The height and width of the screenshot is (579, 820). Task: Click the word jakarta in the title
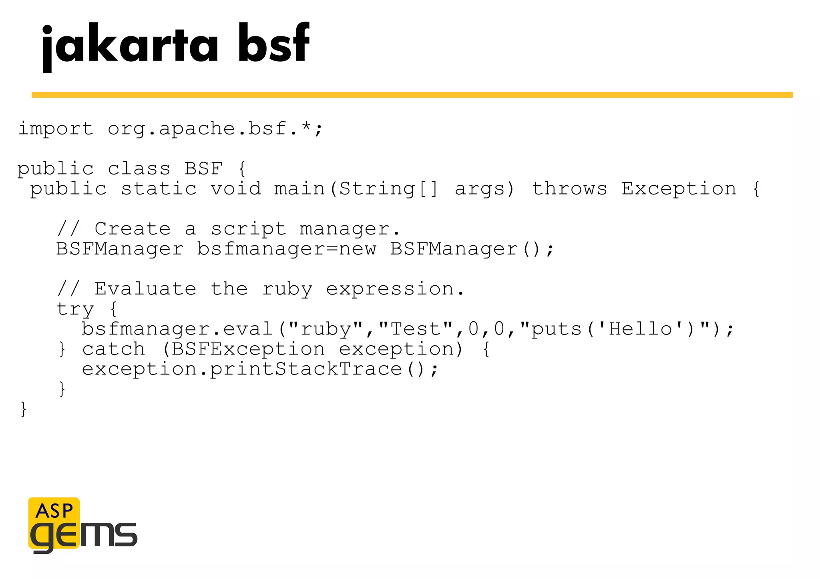click(130, 45)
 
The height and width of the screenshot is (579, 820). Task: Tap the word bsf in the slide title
click(273, 43)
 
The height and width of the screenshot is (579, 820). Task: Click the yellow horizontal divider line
click(412, 95)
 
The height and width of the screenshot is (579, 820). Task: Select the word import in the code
click(56, 129)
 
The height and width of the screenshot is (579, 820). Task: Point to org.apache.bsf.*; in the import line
click(215, 129)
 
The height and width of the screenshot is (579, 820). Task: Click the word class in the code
click(139, 169)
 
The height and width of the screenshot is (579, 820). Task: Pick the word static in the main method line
click(159, 189)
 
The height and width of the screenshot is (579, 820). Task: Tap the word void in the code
click(236, 189)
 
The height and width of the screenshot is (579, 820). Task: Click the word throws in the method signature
click(569, 189)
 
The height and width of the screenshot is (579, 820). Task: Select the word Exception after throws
click(679, 189)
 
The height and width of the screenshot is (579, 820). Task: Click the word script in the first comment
click(248, 229)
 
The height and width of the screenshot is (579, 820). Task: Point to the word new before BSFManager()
click(358, 249)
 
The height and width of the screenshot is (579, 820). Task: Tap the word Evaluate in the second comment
click(145, 289)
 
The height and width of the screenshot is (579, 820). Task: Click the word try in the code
click(75, 309)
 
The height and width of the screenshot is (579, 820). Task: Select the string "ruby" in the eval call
click(325, 329)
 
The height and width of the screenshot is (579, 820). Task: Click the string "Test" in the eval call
click(415, 329)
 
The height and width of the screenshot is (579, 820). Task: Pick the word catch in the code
click(113, 349)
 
